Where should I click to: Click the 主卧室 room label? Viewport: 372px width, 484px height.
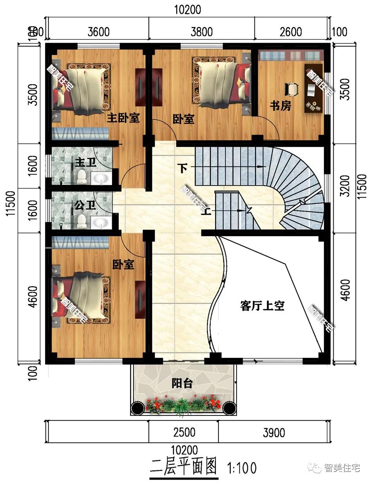[x=123, y=118]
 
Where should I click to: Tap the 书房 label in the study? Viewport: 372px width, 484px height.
[x=280, y=105]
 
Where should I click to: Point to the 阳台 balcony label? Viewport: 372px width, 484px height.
[x=182, y=383]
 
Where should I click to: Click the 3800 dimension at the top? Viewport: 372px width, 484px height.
[x=202, y=32]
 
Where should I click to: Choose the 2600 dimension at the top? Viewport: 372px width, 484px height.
[x=291, y=32]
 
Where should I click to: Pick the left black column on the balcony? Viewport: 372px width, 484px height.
[x=138, y=408]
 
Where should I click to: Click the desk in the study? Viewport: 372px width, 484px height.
[x=313, y=88]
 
